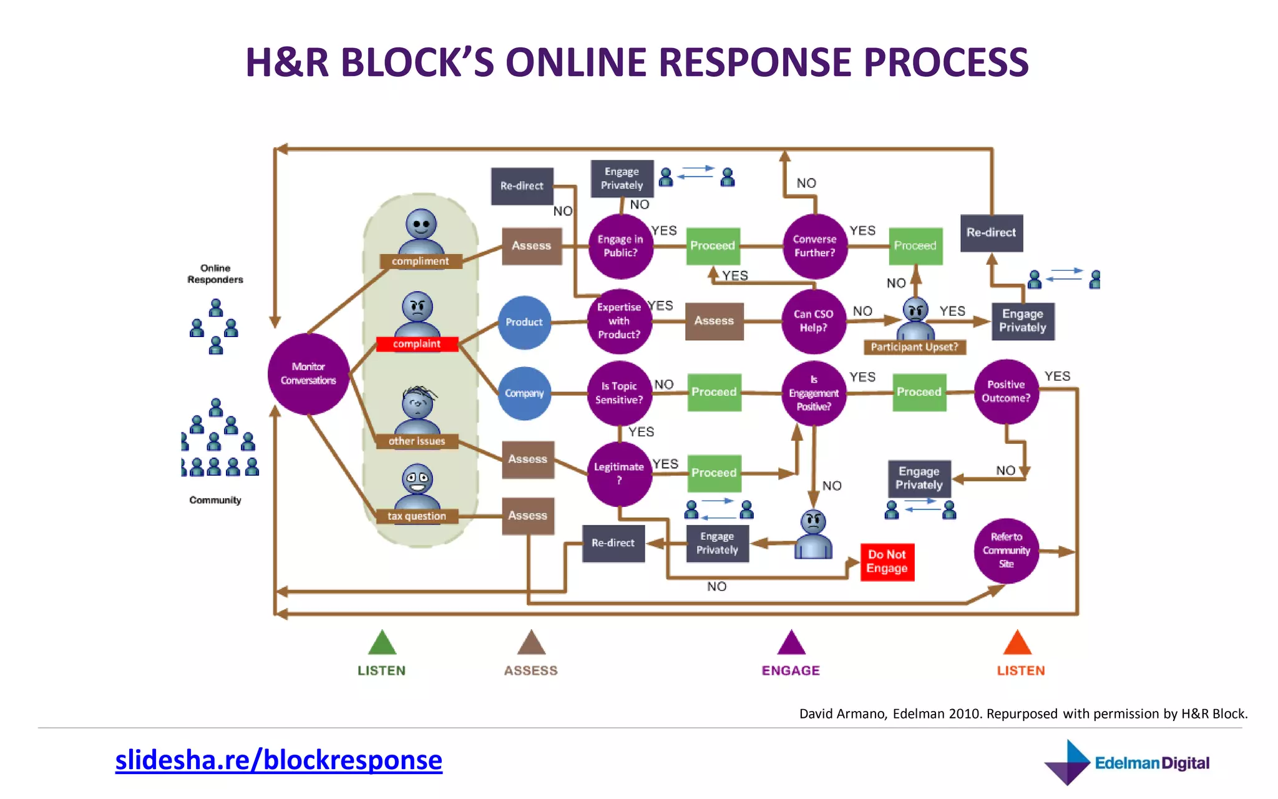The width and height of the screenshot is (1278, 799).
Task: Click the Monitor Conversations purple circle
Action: (x=308, y=373)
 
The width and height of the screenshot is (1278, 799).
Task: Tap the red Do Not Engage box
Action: (x=887, y=561)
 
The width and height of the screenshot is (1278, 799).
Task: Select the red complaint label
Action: (x=417, y=344)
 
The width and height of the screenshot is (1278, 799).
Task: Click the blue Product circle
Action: (x=524, y=322)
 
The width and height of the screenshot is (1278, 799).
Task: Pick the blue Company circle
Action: (x=524, y=393)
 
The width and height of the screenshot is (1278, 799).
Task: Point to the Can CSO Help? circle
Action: (x=814, y=321)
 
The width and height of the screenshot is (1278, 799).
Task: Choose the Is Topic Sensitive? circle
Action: (x=619, y=393)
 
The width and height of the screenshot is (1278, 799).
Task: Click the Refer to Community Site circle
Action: (x=1006, y=551)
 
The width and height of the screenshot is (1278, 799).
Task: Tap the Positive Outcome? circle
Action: (x=1006, y=391)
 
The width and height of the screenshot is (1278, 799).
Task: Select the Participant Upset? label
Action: (x=914, y=347)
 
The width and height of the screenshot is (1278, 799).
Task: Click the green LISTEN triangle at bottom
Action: (x=382, y=643)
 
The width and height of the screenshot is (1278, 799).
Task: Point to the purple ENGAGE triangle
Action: (x=791, y=643)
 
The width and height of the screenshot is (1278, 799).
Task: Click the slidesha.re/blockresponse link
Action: (x=278, y=760)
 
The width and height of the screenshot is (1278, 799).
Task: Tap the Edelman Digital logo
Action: (x=1126, y=762)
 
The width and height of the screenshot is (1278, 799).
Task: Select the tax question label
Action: (x=417, y=516)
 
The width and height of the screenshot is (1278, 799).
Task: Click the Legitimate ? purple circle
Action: (x=619, y=474)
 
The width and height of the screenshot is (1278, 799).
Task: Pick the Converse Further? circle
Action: (x=815, y=246)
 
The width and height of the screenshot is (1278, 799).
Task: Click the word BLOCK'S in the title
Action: (x=417, y=62)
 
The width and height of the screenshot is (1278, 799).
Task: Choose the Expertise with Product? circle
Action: (x=619, y=321)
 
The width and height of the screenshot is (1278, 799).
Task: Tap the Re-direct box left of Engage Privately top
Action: (x=522, y=186)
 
